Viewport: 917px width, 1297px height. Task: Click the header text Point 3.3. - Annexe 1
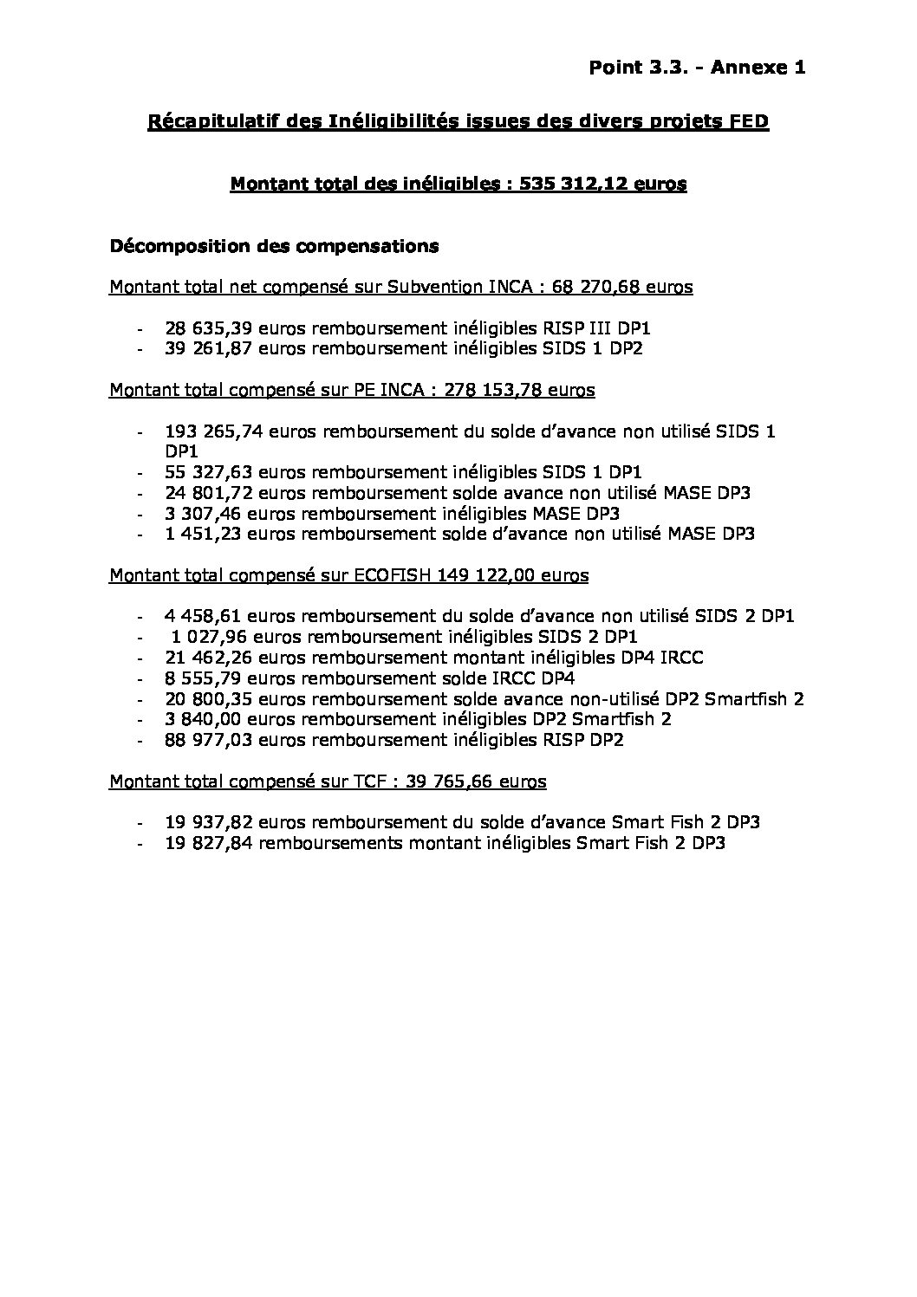pyautogui.click(x=697, y=68)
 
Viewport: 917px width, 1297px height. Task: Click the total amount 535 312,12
pyautogui.click(x=581, y=184)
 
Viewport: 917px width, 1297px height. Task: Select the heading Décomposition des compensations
pyautogui.click(x=274, y=246)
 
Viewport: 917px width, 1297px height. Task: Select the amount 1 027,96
pyautogui.click(x=198, y=637)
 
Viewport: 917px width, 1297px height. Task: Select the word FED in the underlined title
pyautogui.click(x=749, y=122)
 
